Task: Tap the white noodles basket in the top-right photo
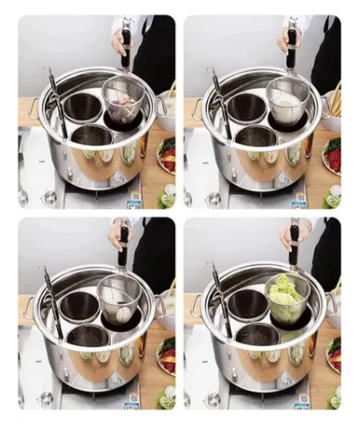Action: point(289,103)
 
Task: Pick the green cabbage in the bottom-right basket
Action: point(286,300)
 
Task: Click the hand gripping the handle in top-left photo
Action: point(120,42)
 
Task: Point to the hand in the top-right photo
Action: point(286,39)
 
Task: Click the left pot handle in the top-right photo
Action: point(199,108)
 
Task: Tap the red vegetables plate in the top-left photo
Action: point(168,154)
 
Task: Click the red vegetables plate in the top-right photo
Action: point(334,154)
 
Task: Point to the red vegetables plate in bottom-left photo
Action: point(168,354)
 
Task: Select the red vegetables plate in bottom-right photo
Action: point(334,354)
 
